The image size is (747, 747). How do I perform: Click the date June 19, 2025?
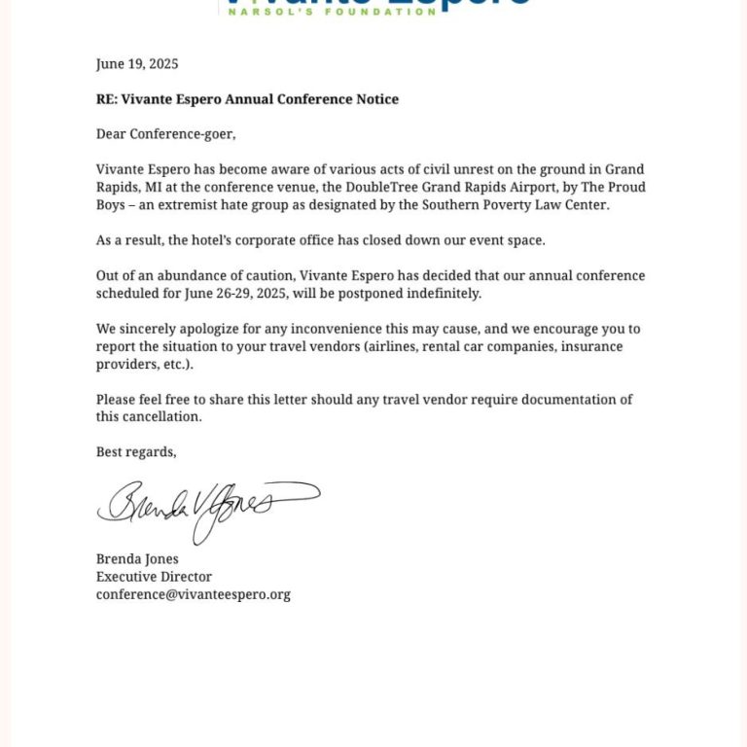[x=137, y=64]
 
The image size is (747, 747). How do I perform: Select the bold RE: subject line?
[x=247, y=99]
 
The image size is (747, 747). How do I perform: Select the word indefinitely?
[x=442, y=293]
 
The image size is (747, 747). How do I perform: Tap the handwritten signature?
[x=204, y=507]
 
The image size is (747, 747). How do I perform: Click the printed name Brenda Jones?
[x=137, y=559]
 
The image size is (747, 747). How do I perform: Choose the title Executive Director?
[x=154, y=577]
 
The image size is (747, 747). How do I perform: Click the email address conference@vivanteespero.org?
[x=193, y=594]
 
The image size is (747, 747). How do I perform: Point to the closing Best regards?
[x=136, y=452]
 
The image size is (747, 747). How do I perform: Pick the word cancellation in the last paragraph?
[x=162, y=416]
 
